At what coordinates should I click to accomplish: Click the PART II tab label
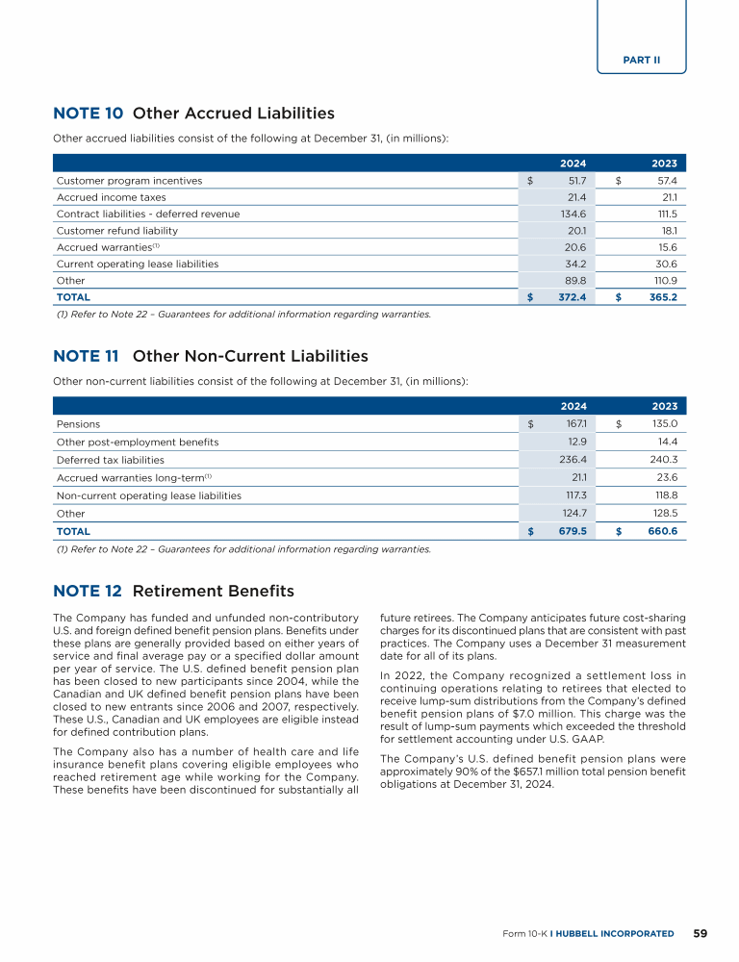[642, 60]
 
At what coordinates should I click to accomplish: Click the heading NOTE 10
[88, 114]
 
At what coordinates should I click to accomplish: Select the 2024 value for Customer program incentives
[574, 180]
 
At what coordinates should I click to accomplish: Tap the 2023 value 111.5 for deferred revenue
[663, 214]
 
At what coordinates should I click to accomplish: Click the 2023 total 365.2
[662, 297]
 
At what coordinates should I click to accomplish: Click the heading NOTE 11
[86, 356]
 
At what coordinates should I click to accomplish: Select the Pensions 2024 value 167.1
[574, 423]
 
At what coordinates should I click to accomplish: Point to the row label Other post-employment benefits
[138, 442]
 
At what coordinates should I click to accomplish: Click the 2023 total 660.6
[661, 531]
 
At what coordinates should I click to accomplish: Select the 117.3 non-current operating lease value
[574, 495]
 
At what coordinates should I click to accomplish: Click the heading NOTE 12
[88, 590]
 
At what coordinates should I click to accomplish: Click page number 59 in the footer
[701, 933]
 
